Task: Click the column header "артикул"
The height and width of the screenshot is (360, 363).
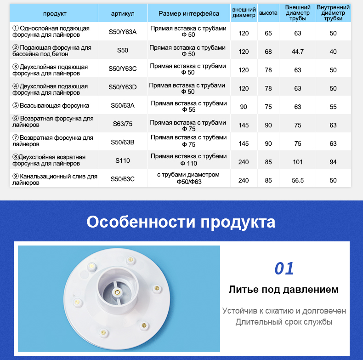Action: [x=123, y=14]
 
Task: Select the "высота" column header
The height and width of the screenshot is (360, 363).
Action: [x=268, y=13]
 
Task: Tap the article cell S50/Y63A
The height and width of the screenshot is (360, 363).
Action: [x=123, y=32]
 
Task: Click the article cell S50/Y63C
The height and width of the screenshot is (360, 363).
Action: [x=123, y=69]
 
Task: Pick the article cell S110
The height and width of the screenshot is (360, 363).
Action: [x=123, y=160]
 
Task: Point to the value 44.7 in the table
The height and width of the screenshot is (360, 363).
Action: [x=298, y=51]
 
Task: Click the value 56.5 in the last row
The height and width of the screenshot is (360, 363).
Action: [x=298, y=181]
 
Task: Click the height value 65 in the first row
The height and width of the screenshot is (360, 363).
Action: [x=268, y=34]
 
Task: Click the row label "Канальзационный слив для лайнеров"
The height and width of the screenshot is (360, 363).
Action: [x=55, y=179]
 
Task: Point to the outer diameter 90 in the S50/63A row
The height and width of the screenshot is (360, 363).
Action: [x=244, y=107]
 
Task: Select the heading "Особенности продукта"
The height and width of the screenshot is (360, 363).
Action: [x=181, y=222]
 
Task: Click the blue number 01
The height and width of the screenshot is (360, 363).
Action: [x=284, y=269]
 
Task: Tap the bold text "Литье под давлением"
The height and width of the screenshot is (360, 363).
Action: [x=284, y=290]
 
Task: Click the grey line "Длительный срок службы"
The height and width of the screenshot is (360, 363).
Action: [x=284, y=322]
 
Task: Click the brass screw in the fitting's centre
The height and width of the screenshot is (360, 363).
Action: [x=118, y=291]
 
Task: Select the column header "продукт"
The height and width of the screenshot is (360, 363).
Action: [x=55, y=14]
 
